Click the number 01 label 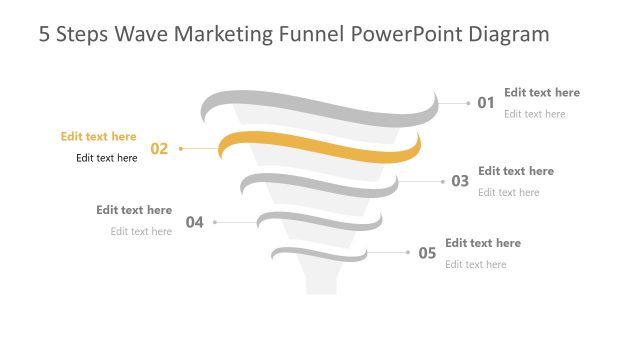[x=486, y=102]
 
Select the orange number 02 [x=160, y=149]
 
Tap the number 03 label [x=460, y=181]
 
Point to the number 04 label [x=195, y=222]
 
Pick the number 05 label [x=427, y=253]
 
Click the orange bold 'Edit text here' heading [x=98, y=137]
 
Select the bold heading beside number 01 [x=541, y=93]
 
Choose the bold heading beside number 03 [x=515, y=171]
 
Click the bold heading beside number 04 [x=134, y=211]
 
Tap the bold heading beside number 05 [x=482, y=243]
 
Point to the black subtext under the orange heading [x=106, y=158]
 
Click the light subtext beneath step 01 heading [x=534, y=114]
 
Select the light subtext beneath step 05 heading [x=475, y=264]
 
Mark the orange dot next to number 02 [x=181, y=149]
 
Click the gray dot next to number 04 [x=215, y=222]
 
